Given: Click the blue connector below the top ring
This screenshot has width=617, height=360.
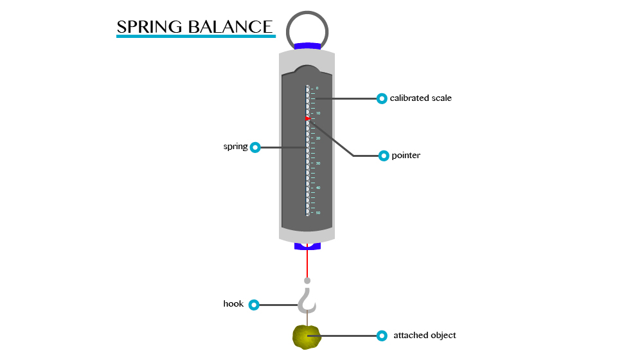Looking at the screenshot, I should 307,46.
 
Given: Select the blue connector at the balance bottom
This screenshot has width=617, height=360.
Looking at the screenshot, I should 307,246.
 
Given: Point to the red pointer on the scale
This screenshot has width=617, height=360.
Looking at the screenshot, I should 308,119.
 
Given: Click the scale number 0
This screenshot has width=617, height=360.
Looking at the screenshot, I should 317,88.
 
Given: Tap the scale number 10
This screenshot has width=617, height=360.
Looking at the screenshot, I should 317,113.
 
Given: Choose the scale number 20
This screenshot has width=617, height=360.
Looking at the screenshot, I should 317,138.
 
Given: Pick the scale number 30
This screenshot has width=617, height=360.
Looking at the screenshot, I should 317,163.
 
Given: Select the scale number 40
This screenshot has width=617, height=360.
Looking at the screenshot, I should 317,188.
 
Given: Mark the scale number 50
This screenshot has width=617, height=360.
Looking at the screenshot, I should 317,213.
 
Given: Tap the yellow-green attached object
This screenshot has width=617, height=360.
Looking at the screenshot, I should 307,337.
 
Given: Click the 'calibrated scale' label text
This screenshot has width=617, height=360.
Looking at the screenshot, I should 420,98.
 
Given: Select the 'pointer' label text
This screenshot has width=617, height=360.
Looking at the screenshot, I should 406,156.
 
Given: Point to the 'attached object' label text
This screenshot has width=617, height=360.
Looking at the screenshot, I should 424,336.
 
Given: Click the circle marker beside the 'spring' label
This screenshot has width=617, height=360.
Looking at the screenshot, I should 255,147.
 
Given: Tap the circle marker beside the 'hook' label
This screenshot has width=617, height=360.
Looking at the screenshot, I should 254,305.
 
